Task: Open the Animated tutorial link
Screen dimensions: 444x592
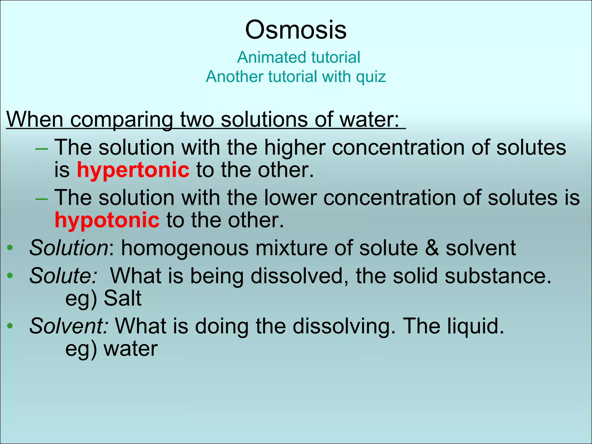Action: (299, 57)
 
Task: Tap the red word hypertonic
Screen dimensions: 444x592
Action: (133, 170)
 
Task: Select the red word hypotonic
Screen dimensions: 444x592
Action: (107, 220)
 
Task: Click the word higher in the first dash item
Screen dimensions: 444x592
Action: (295, 147)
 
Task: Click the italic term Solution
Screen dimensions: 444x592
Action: (69, 248)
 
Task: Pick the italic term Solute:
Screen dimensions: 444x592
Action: (63, 275)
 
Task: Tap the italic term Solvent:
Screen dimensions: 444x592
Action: (69, 326)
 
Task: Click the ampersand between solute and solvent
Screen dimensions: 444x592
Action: (432, 248)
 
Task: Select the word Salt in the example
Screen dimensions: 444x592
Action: (123, 298)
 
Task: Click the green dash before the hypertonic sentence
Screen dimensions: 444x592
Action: (41, 149)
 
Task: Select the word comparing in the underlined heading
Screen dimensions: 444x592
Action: (121, 119)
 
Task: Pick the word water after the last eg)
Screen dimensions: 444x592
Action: (131, 349)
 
